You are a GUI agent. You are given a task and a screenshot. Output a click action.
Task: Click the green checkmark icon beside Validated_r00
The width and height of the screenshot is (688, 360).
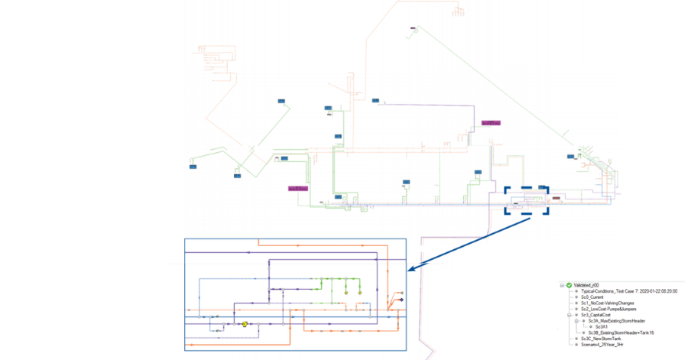click(569, 285)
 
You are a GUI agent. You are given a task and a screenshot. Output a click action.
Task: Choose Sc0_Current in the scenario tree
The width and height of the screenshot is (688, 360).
click(593, 297)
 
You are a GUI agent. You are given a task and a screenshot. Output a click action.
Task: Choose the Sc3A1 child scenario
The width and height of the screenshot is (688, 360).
click(602, 327)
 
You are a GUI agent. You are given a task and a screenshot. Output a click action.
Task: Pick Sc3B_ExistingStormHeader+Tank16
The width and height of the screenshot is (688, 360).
click(619, 332)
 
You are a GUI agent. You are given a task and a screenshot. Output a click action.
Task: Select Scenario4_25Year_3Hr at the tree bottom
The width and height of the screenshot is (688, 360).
click(605, 345)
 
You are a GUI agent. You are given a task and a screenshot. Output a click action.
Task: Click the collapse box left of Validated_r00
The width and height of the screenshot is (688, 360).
click(561, 285)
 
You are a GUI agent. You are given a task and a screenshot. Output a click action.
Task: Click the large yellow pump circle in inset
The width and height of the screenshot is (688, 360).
click(245, 324)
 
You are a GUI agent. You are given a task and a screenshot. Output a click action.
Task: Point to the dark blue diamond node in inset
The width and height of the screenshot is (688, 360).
click(402, 300)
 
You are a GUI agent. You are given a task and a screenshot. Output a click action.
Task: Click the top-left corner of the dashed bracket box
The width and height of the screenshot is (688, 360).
click(505, 186)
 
